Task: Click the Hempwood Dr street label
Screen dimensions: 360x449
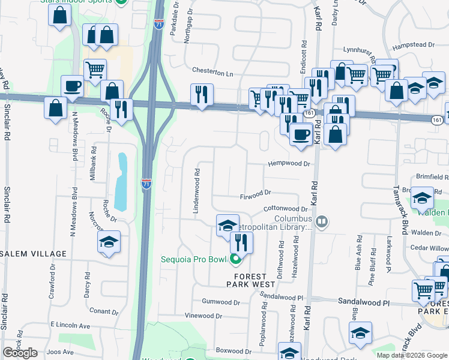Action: pyautogui.click(x=289, y=163)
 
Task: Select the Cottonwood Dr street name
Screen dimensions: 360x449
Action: pyautogui.click(x=285, y=209)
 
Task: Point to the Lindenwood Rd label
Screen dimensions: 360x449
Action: pyautogui.click(x=196, y=191)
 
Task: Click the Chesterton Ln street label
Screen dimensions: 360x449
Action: pyautogui.click(x=212, y=73)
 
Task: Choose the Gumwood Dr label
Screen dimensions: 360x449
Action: pyautogui.click(x=220, y=301)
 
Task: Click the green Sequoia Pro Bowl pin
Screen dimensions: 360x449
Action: pyautogui.click(x=235, y=260)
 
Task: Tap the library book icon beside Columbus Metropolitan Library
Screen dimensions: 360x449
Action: pyautogui.click(x=322, y=223)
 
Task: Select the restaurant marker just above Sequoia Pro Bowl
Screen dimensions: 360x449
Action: pyautogui.click(x=241, y=242)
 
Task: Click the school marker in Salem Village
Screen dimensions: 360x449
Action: pyautogui.click(x=109, y=242)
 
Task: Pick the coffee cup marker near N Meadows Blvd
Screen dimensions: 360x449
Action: pyautogui.click(x=72, y=85)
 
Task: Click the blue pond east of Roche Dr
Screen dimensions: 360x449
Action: pyautogui.click(x=122, y=182)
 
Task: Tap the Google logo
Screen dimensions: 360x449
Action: pyautogui.click(x=20, y=353)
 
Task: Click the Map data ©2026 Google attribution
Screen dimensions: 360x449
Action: pyautogui.click(x=411, y=355)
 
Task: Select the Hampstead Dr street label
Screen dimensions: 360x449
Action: pyautogui.click(x=413, y=45)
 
